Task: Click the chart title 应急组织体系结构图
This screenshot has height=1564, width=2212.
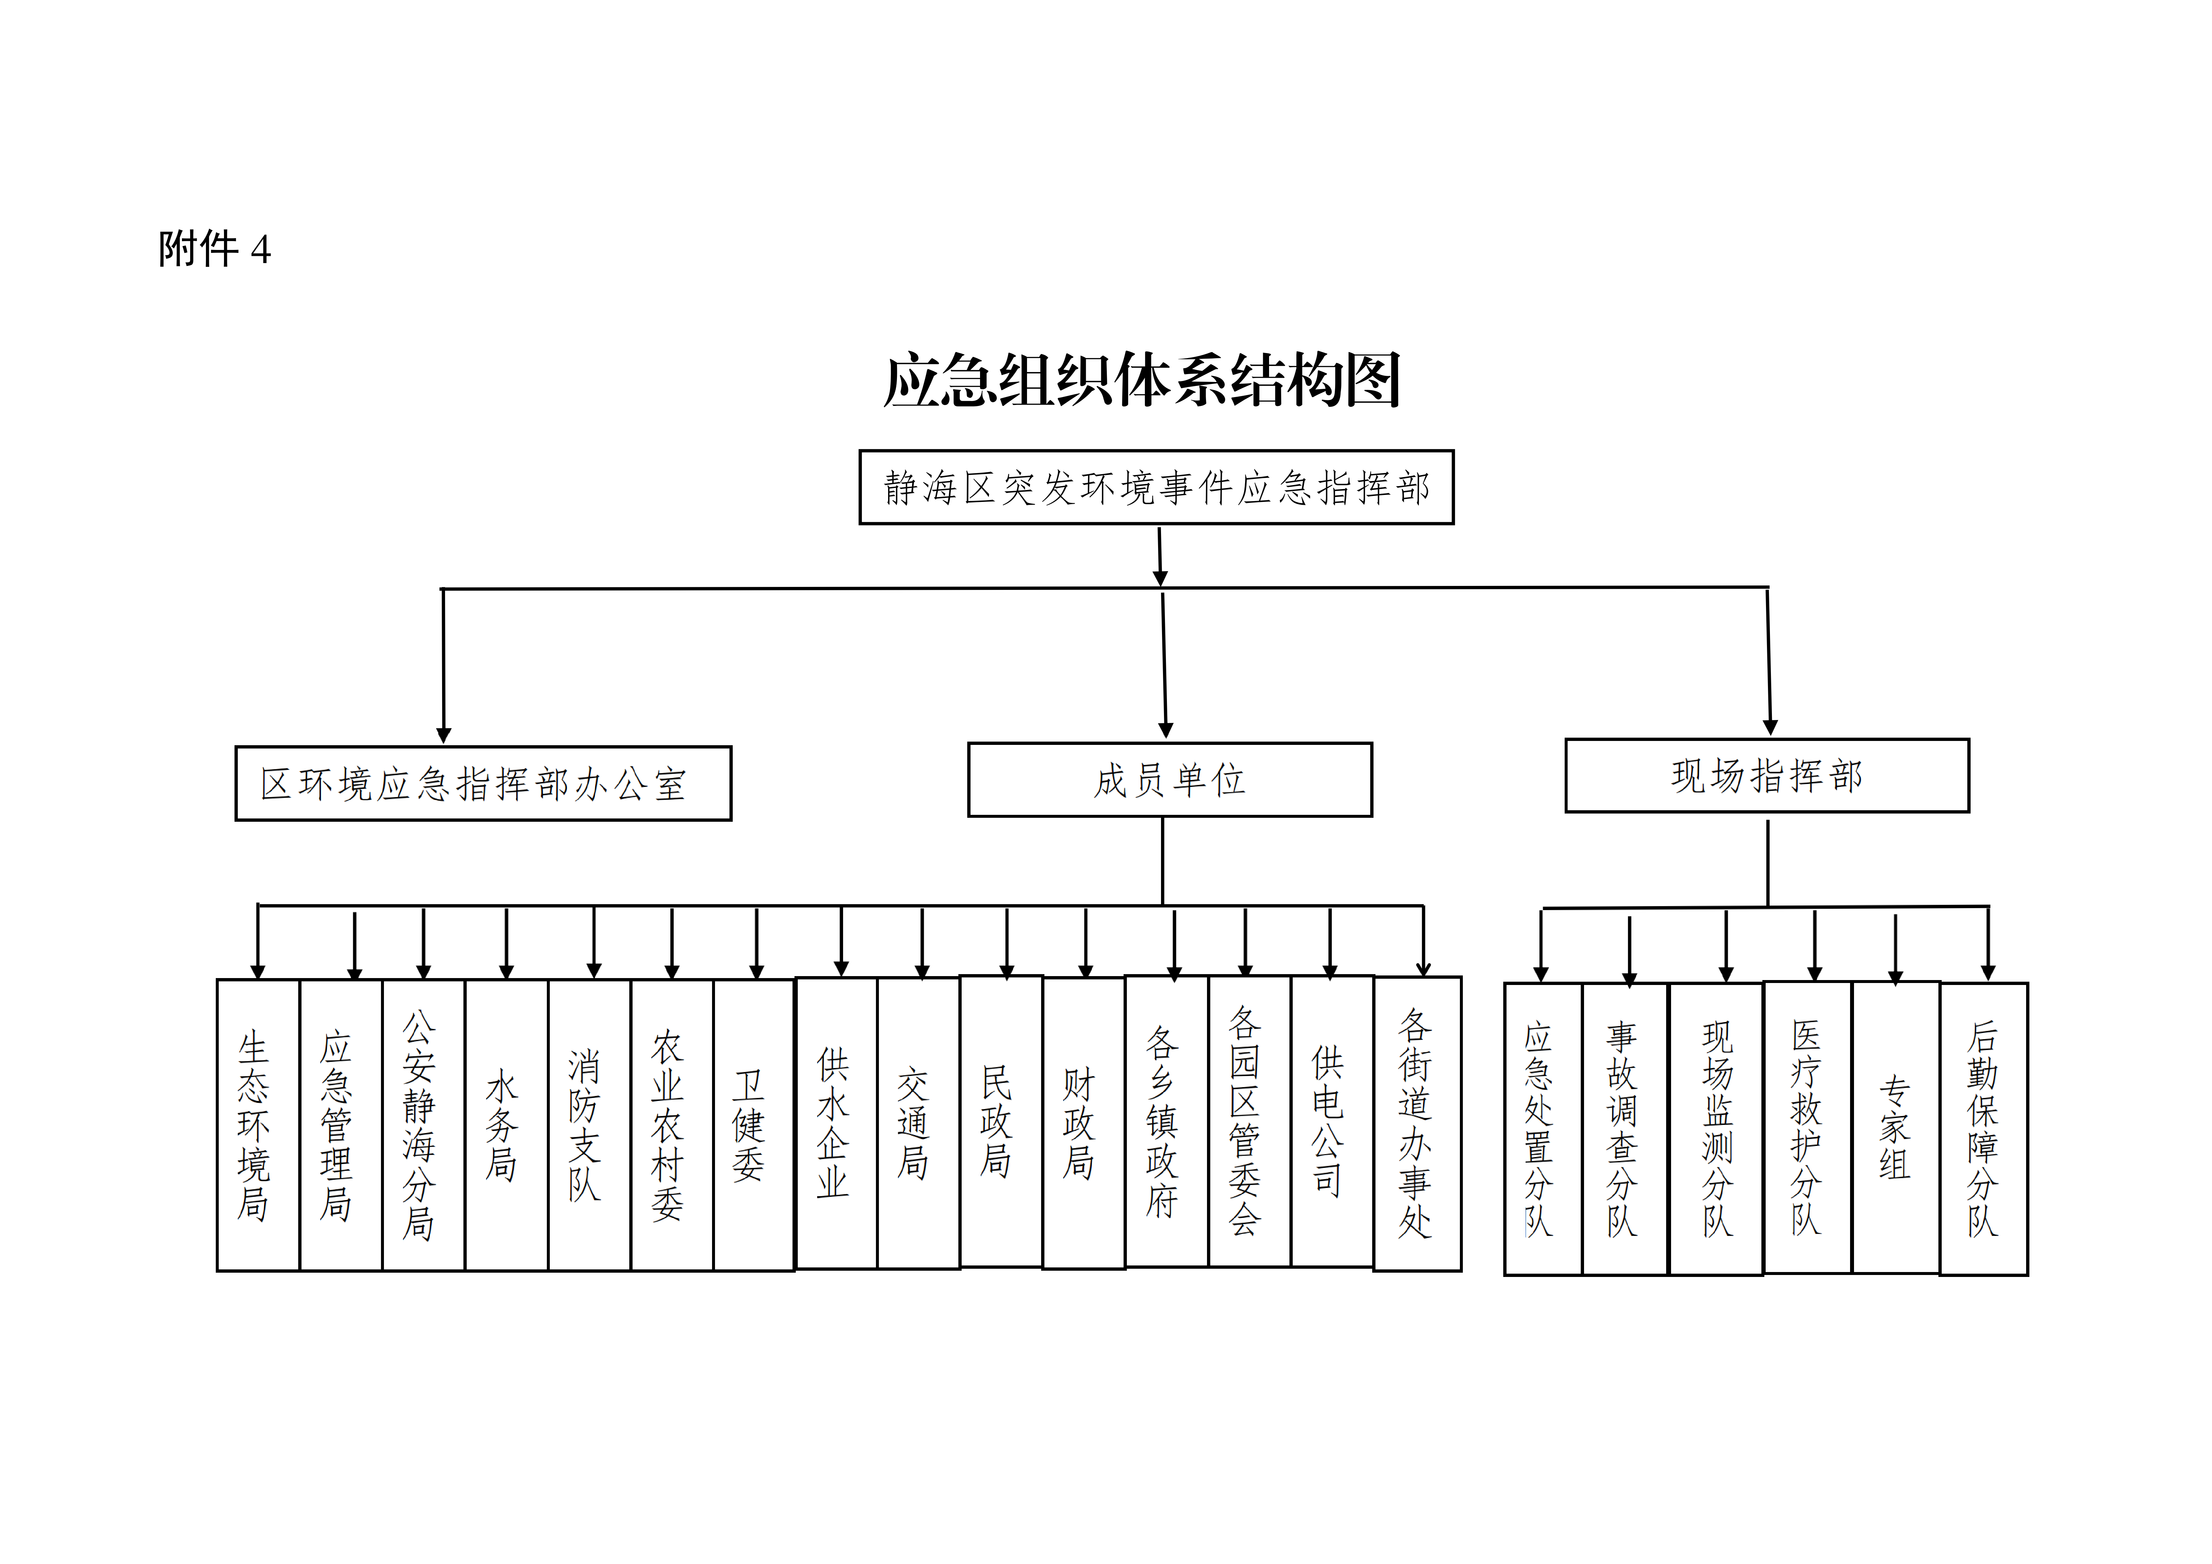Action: pos(1142,381)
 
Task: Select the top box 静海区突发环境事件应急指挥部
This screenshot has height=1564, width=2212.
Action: pos(1156,488)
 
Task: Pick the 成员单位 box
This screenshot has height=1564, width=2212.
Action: pos(1170,780)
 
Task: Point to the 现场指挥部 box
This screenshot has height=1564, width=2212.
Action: pos(1767,776)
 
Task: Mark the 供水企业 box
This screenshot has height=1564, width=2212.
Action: pos(835,1124)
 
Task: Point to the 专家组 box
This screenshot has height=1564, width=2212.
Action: pos(1895,1128)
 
